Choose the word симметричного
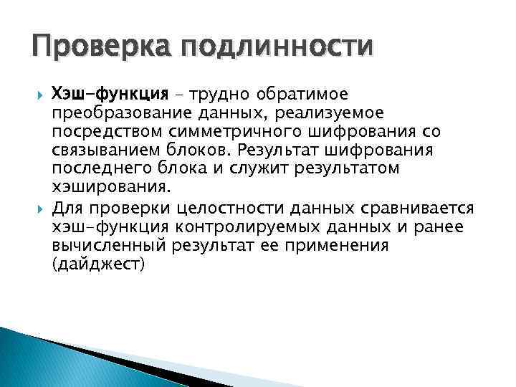[x=236, y=132]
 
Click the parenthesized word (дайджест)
[x=98, y=264]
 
